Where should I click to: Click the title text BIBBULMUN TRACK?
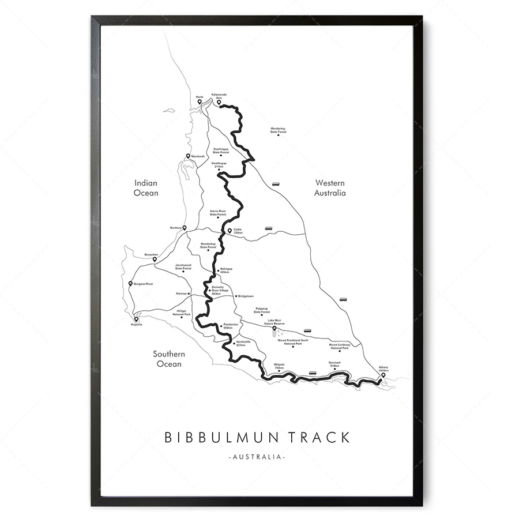point(257,437)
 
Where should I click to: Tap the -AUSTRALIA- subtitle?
point(257,457)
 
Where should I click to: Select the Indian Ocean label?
point(146,188)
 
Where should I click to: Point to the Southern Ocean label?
point(167,359)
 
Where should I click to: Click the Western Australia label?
point(330,188)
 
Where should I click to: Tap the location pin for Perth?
point(200,101)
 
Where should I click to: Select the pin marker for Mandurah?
point(188,156)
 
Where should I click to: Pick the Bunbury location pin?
point(185,228)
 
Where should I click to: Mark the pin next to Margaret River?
point(130,283)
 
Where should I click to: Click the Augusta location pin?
point(137,318)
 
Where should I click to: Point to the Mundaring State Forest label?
point(278,130)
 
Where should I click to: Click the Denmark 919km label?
point(335,364)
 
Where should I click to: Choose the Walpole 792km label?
point(279,366)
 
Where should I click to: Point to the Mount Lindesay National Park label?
point(339,346)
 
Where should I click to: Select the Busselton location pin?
point(155,259)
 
